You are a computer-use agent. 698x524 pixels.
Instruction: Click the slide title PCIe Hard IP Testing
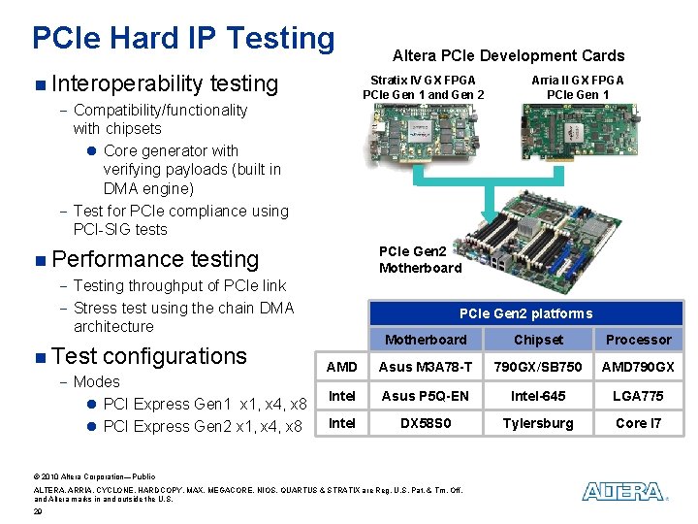(183, 38)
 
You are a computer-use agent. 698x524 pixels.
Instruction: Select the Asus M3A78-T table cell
(426, 367)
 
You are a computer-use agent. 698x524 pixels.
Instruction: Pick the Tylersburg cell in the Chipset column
(538, 423)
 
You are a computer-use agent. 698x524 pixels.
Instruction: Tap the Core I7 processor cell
(638, 423)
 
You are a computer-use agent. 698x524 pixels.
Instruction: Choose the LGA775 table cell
(638, 395)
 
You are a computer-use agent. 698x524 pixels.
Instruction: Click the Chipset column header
(538, 340)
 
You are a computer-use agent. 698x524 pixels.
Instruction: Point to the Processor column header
(638, 340)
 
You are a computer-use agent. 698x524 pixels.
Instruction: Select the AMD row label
(342, 367)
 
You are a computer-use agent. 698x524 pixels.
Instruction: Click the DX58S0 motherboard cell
(426, 423)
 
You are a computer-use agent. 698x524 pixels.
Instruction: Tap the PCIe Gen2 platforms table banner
(525, 312)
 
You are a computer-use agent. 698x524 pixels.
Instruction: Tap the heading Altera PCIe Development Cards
(508, 56)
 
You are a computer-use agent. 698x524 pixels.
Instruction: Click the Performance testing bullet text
(155, 259)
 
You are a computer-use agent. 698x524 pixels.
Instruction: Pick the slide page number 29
(37, 510)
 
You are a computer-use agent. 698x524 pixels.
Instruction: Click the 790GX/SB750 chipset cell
(538, 367)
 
